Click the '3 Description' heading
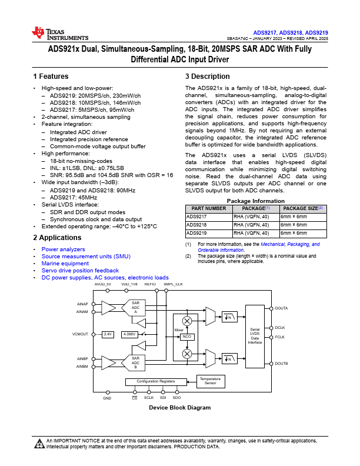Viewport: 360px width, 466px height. click(208, 76)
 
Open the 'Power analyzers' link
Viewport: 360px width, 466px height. click(63, 249)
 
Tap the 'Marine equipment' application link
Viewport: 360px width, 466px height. click(65, 264)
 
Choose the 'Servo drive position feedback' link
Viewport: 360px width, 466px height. click(80, 271)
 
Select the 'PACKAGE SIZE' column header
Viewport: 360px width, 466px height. click(302, 208)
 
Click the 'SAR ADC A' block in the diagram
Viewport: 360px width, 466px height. click(135, 308)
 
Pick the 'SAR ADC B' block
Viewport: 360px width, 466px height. click(135, 362)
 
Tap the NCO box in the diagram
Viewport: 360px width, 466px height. click(188, 337)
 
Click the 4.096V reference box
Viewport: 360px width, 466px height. click(129, 334)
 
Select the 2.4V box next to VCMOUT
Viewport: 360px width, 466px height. click(108, 334)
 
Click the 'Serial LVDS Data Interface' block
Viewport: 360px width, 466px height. click(255, 336)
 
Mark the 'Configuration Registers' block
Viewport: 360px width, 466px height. click(156, 381)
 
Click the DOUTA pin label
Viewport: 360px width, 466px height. click(282, 308)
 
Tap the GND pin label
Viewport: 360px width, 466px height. click(107, 398)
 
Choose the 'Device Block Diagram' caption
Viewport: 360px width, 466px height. click(179, 408)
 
